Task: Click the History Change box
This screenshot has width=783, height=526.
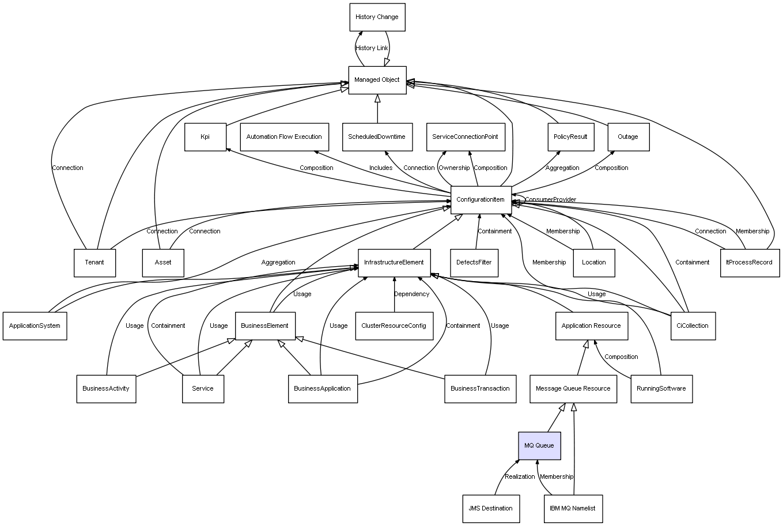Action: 377,17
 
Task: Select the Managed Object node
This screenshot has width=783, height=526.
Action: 377,80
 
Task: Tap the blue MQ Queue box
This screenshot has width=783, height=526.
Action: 539,445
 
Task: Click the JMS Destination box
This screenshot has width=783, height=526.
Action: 491,509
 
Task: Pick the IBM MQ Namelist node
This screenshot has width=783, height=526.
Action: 573,509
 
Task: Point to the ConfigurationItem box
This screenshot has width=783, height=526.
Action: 481,200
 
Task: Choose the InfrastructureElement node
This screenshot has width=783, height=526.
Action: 394,263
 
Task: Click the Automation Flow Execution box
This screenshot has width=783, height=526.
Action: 285,137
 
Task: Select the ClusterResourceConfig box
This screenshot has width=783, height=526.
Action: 394,326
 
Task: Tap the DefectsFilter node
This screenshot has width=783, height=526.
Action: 474,263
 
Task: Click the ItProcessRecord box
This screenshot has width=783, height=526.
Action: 750,263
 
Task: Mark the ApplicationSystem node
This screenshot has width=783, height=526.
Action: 35,326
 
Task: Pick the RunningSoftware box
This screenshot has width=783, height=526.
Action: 661,389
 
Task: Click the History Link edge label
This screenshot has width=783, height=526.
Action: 372,48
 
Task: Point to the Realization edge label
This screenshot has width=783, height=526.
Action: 520,476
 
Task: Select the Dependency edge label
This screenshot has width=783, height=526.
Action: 412,294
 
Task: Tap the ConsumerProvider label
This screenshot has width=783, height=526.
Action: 551,199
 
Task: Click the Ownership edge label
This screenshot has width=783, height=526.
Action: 454,168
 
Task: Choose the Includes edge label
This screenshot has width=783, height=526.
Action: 381,168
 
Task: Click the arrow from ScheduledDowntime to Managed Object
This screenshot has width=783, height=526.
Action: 377,109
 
